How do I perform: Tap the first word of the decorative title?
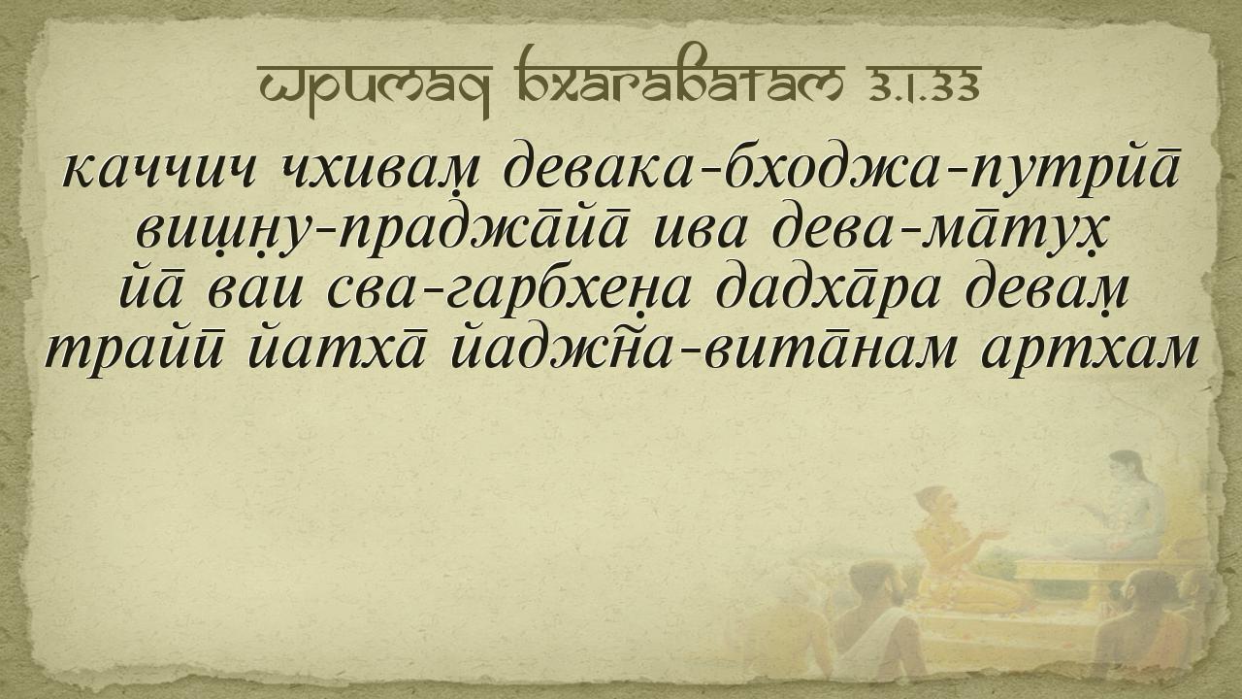[374, 86]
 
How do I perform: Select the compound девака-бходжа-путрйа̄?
[841, 168]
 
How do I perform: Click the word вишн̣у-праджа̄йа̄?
[383, 231]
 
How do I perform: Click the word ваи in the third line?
[255, 294]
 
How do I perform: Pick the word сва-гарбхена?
[508, 292]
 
